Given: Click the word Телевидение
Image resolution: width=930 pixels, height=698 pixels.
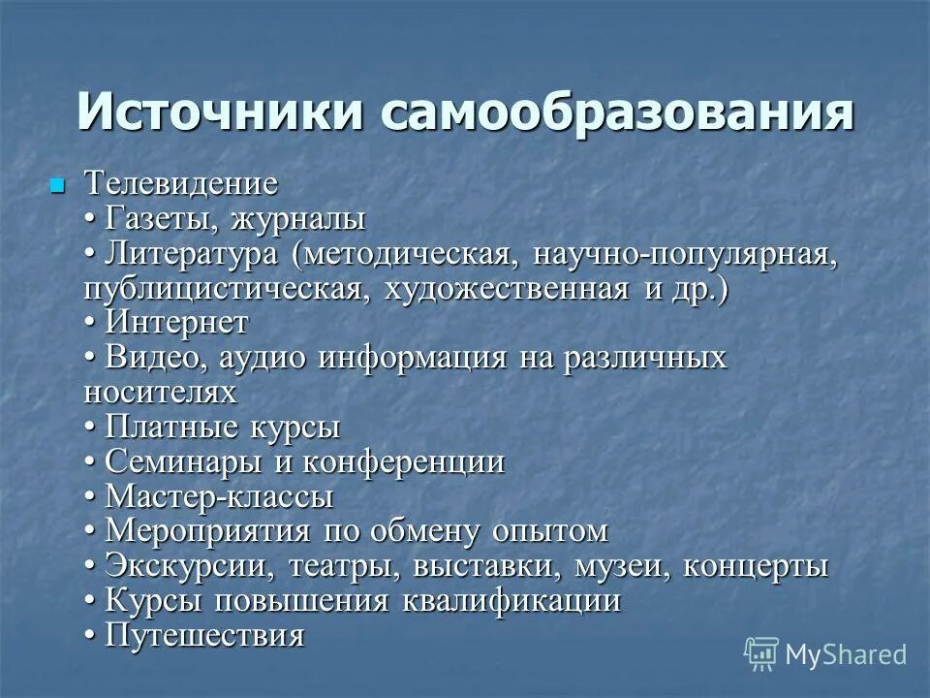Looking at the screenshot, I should pyautogui.click(x=181, y=183).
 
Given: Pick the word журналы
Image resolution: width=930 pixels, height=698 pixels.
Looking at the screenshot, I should pyautogui.click(x=297, y=218).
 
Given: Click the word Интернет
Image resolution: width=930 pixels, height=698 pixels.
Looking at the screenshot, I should pyautogui.click(x=177, y=323).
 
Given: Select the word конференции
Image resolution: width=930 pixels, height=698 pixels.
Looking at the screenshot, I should pyautogui.click(x=403, y=461).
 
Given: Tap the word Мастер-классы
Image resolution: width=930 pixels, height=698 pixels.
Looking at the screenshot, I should pyautogui.click(x=219, y=496).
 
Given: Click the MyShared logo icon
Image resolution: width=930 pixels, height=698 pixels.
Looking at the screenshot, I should pyautogui.click(x=761, y=653).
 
